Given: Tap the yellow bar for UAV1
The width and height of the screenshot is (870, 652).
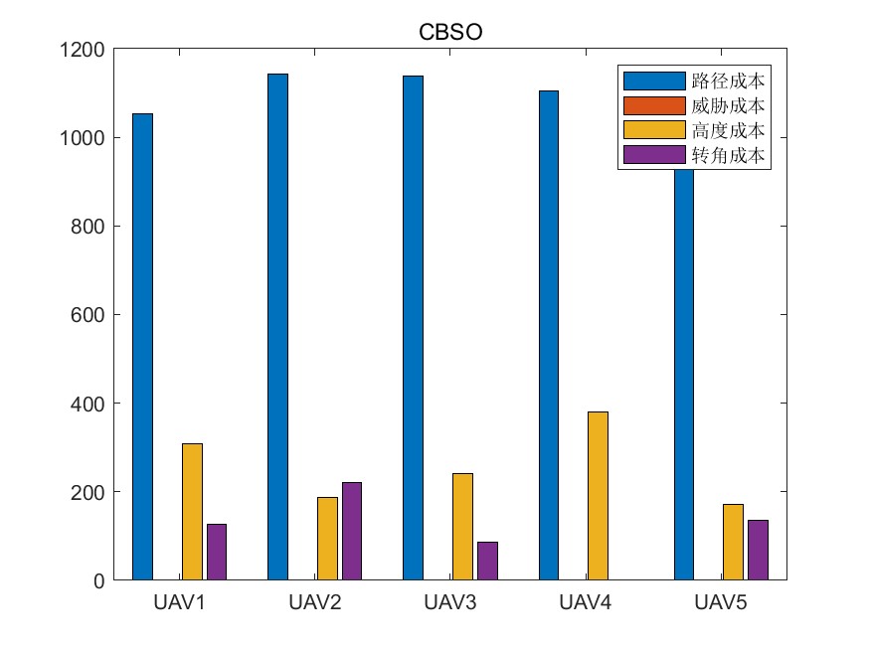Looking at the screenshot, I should tap(192, 511).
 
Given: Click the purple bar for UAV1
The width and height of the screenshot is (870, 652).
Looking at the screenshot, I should tap(217, 552).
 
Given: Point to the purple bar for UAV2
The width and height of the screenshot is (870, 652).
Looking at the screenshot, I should tap(352, 531).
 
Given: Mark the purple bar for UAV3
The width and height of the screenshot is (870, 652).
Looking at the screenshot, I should tap(487, 561).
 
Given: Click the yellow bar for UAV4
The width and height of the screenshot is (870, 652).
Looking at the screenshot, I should tap(598, 495).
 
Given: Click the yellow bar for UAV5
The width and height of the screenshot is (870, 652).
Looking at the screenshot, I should tap(733, 542).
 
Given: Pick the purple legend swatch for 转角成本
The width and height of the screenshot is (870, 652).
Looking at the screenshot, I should tap(654, 155).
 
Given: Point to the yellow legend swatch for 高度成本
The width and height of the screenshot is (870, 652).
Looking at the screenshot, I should tap(654, 130).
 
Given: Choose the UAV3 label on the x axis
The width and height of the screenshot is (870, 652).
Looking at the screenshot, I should tap(449, 602).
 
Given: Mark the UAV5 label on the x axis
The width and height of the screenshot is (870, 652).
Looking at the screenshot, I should tap(720, 602).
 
